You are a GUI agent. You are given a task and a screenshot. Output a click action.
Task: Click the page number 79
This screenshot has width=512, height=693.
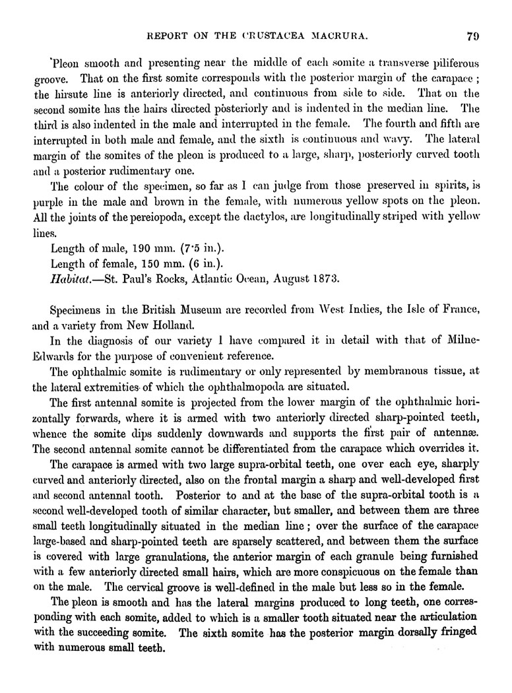point(471,37)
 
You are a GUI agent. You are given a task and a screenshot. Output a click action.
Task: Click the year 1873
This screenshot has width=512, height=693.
point(325,278)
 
